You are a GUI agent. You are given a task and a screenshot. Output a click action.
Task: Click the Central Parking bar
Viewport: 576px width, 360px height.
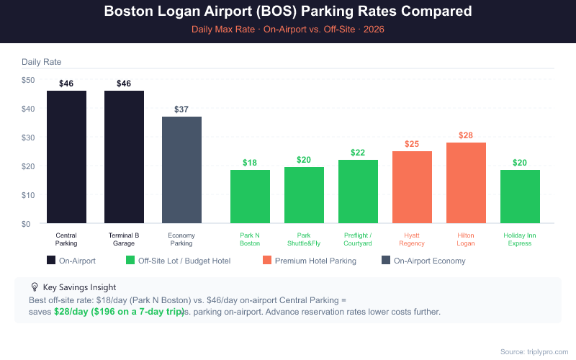tap(66, 157)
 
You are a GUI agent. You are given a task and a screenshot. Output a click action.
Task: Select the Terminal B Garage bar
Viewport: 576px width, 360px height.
tap(124, 157)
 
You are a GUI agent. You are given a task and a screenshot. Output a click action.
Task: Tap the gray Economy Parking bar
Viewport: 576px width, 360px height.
tap(181, 170)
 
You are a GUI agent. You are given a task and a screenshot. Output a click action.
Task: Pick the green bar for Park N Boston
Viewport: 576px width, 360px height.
tap(250, 197)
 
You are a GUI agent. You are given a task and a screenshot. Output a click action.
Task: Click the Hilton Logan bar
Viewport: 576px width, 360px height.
tap(466, 183)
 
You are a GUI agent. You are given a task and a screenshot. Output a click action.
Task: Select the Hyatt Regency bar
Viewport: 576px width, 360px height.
tap(412, 187)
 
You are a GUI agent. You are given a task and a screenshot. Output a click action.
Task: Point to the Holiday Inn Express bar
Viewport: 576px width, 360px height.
tap(520, 197)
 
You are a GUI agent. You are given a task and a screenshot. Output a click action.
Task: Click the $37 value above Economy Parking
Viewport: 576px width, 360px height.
tap(181, 109)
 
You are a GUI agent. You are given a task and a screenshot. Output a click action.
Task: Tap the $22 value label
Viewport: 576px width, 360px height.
tap(358, 153)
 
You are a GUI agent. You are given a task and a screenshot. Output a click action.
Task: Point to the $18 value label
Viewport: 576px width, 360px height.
tap(250, 163)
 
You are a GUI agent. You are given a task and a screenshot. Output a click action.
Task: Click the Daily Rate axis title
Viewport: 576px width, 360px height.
tap(42, 63)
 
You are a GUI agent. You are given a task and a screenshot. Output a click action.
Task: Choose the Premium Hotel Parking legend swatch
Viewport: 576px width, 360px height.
tap(267, 261)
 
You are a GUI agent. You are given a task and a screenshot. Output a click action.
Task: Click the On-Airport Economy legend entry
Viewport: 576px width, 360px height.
tap(429, 261)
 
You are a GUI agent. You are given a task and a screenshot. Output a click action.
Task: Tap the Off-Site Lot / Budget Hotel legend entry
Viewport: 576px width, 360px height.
tap(184, 261)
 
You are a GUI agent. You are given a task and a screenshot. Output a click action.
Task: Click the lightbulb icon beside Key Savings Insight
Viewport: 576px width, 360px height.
tap(35, 287)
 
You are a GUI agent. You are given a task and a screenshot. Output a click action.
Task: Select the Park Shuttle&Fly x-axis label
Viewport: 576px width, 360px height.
tap(304, 239)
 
